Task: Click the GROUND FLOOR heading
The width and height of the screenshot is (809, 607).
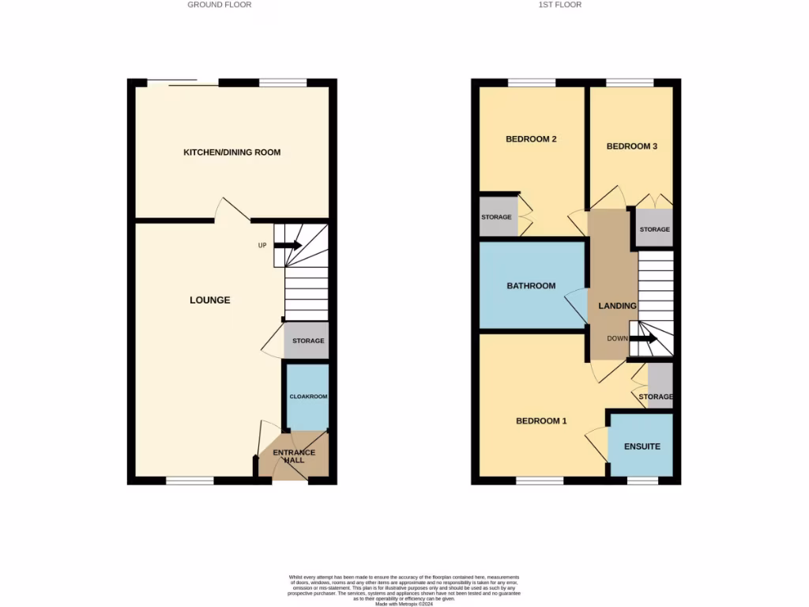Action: tap(220, 5)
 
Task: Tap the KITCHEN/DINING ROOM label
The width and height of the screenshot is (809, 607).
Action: tap(231, 153)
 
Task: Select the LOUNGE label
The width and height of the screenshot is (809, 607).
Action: tap(210, 300)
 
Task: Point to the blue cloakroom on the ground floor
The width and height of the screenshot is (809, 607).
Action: tap(307, 396)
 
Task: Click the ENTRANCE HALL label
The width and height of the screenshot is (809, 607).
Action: tap(294, 456)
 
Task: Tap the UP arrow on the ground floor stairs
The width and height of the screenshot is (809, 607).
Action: tap(288, 245)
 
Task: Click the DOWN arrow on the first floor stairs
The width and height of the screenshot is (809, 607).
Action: tap(642, 339)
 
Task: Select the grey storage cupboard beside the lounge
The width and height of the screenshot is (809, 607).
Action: tap(307, 341)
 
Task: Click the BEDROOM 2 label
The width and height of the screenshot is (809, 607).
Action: tap(531, 139)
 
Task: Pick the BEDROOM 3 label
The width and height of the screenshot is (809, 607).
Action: tap(631, 146)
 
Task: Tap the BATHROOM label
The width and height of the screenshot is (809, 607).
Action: tap(531, 286)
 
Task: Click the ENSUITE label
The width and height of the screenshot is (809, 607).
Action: tap(641, 447)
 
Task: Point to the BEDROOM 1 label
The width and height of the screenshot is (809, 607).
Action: tap(541, 421)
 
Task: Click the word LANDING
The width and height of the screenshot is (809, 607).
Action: tap(617, 306)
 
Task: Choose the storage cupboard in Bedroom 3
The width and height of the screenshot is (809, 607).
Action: tap(654, 228)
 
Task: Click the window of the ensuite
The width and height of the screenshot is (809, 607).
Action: tap(642, 480)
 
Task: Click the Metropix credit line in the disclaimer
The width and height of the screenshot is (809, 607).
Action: tap(404, 604)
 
